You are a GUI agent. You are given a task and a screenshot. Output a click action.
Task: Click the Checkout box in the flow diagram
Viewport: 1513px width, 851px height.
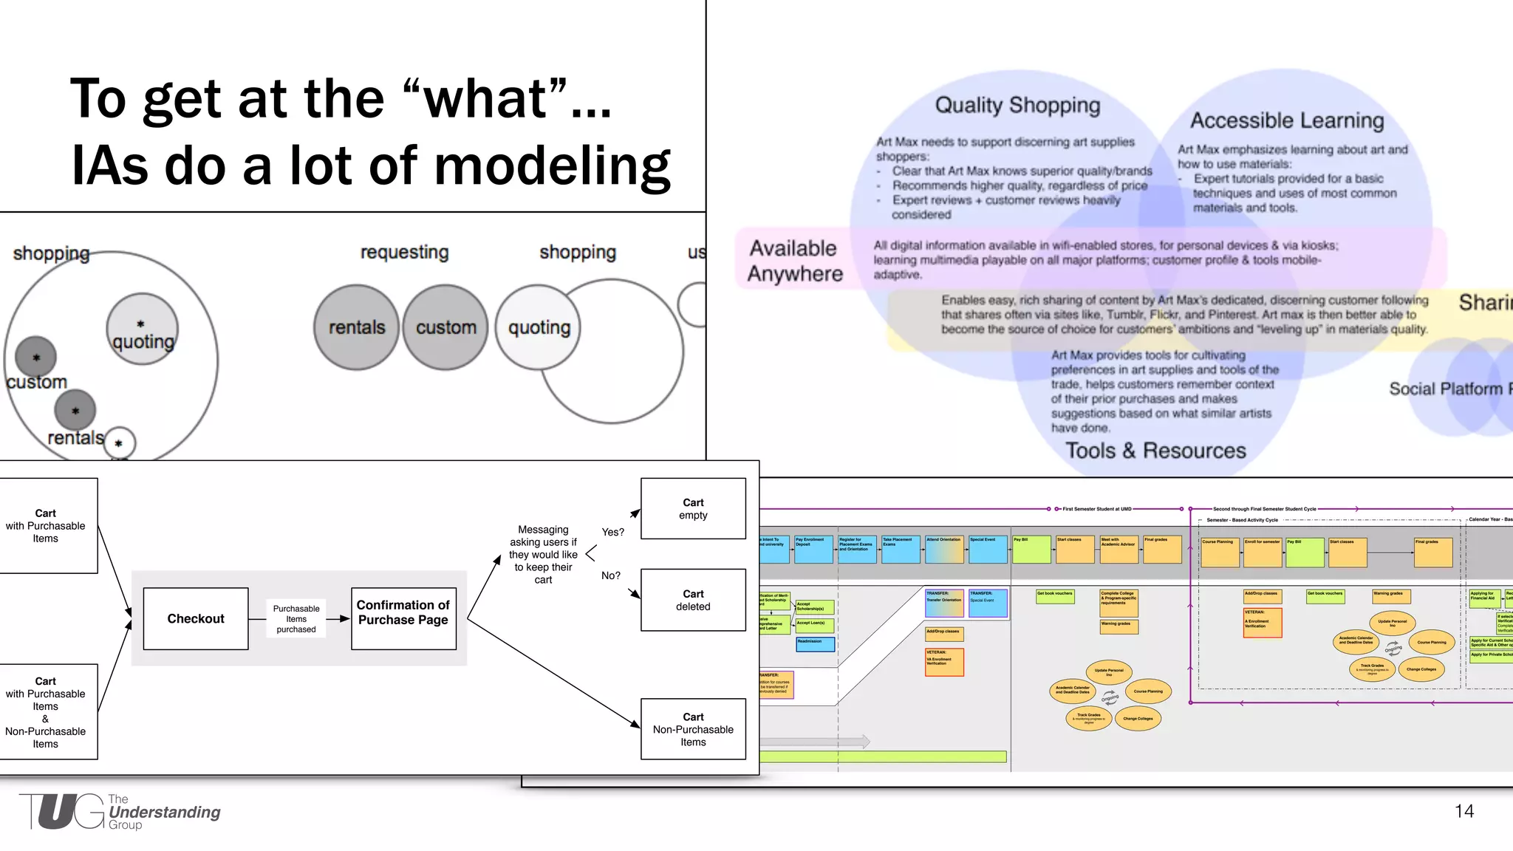196,619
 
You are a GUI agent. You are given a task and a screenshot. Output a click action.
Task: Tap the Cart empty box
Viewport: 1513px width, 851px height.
693,508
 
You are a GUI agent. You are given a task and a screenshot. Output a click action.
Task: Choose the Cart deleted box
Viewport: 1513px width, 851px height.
693,600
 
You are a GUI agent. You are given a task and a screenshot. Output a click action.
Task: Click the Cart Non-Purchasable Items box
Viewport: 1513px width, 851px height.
693,729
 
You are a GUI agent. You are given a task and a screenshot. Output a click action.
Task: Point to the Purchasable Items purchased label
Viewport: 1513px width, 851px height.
296,619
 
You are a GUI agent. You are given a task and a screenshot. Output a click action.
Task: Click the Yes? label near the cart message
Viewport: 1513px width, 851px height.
612,532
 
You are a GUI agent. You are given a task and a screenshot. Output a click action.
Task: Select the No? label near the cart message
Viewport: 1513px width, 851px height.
610,575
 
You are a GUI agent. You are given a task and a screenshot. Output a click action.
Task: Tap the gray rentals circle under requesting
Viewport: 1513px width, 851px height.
357,327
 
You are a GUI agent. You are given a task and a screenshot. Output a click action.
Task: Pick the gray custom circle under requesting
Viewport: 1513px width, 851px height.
445,327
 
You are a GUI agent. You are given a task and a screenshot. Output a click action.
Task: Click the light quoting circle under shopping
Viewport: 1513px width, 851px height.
539,327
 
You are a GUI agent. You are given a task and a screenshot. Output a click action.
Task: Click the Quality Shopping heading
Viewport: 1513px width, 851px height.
1017,106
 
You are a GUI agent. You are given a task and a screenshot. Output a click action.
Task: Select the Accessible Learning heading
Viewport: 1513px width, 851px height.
1287,120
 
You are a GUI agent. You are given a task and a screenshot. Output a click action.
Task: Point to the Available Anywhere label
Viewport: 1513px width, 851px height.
794,261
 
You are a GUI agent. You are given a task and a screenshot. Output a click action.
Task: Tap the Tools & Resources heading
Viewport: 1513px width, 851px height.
1155,451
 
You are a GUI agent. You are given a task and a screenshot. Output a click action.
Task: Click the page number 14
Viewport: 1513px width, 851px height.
1464,811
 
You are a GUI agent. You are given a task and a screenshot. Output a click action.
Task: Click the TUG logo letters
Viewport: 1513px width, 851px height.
63,812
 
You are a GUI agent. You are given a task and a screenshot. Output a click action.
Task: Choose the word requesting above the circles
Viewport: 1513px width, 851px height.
404,253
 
